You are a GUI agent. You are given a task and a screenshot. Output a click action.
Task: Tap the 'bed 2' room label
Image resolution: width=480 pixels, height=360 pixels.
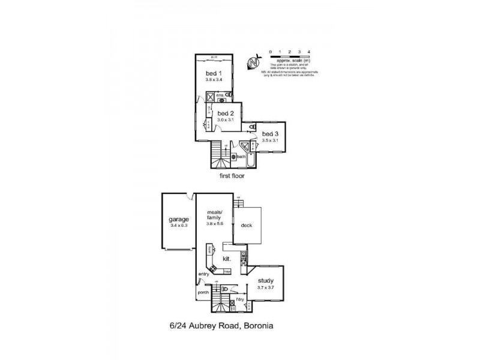tap(224, 113)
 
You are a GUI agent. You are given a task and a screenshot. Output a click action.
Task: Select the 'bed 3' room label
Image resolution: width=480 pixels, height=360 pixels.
tap(269, 133)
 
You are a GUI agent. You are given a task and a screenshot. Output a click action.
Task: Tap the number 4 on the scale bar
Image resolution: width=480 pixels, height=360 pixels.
tap(308, 53)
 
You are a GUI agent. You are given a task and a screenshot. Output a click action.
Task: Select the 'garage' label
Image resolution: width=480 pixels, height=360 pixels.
tap(179, 220)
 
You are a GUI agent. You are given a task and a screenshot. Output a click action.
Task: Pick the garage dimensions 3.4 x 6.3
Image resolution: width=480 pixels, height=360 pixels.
tap(179, 226)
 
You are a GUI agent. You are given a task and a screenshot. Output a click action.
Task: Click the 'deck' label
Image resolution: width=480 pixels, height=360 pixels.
tap(247, 226)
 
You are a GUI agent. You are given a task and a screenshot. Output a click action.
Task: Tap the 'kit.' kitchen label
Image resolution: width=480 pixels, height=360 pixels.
tap(227, 258)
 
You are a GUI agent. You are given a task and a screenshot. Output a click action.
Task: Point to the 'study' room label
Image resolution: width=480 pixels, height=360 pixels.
tap(266, 280)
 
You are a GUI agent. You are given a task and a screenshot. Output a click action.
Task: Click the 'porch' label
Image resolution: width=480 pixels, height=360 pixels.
tap(203, 293)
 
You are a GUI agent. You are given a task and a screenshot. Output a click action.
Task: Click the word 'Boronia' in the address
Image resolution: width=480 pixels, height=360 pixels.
tap(257, 326)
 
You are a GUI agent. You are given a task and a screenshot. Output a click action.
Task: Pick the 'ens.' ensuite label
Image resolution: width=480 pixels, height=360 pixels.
tap(220, 94)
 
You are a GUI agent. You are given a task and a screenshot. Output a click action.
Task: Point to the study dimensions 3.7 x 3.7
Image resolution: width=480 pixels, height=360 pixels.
tap(266, 287)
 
